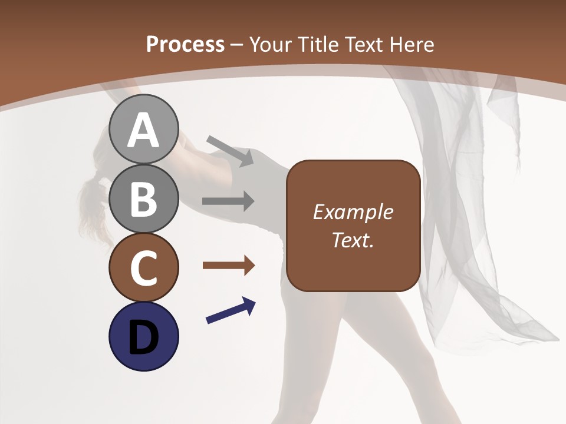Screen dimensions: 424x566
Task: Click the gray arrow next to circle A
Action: pyautogui.click(x=230, y=150)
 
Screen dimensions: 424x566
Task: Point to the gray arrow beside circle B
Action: pyautogui.click(x=228, y=201)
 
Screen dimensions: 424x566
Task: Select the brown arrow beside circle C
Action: pyautogui.click(x=228, y=266)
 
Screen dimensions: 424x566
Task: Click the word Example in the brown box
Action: pyautogui.click(x=353, y=213)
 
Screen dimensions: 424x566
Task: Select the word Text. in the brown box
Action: pyautogui.click(x=353, y=240)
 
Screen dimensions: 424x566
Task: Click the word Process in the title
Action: pyautogui.click(x=185, y=44)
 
